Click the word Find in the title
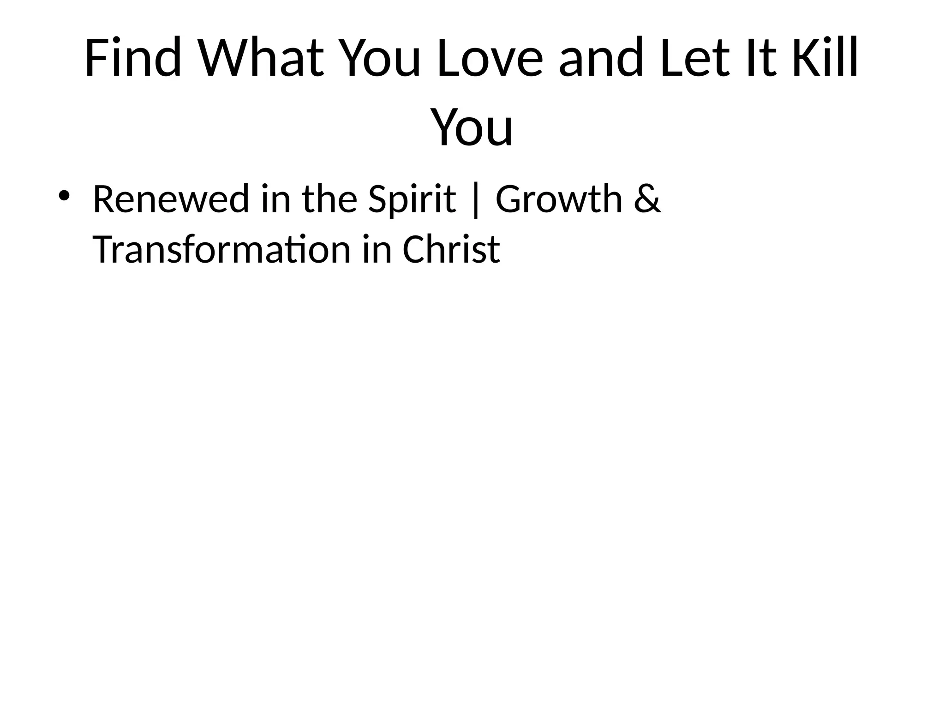pos(133,58)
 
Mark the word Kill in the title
pos(825,58)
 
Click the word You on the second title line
pos(472,127)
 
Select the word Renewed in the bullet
pos(171,199)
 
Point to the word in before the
pos(276,199)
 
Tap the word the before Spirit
pos(330,199)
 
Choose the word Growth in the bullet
pos(559,199)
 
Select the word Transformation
pos(222,250)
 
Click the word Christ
pos(451,250)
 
